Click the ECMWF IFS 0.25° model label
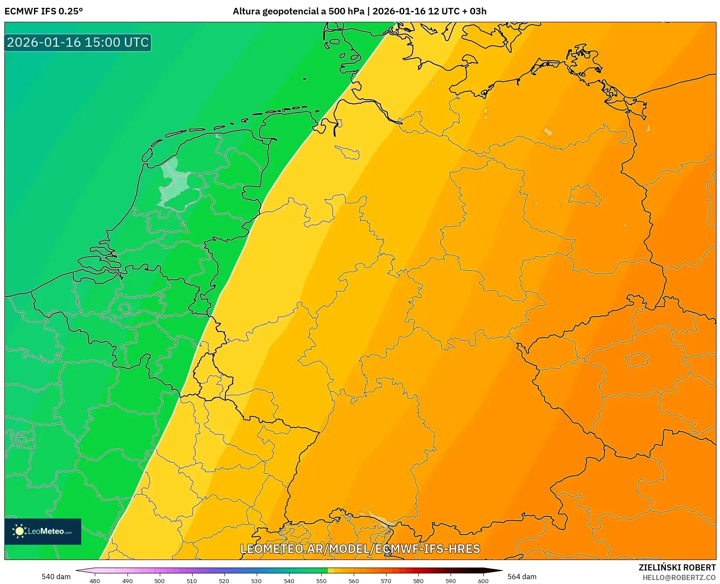44,11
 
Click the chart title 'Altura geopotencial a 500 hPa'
298,11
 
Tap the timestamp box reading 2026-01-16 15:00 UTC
78,42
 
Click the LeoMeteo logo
43,531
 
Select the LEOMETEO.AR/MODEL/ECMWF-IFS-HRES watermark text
360,549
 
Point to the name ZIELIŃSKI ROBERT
677,567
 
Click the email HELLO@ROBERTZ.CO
679,577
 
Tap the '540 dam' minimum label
56,577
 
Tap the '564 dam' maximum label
522,577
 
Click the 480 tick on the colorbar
95,581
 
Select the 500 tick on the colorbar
159,581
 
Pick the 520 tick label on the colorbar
224,581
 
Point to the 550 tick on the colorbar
321,581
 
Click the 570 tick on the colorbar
386,581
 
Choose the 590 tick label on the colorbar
451,581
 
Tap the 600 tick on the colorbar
483,581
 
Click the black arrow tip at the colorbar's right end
499,570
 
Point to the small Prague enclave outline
637,360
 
